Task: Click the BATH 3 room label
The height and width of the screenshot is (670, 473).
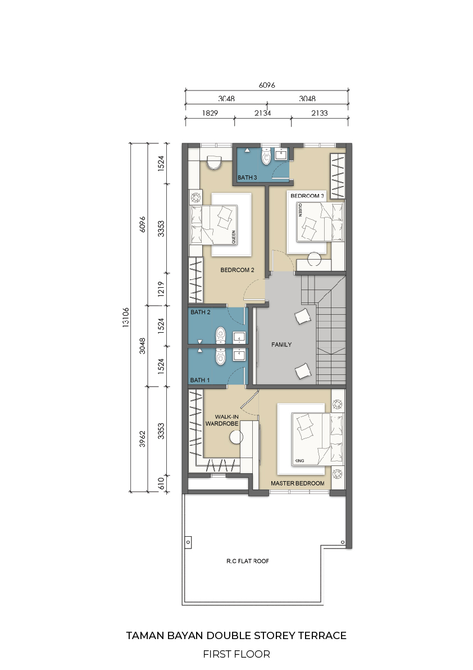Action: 247,177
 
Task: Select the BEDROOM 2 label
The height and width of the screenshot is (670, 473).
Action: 238,270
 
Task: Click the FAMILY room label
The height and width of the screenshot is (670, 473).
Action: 281,345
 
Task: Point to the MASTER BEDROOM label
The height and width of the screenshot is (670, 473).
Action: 298,483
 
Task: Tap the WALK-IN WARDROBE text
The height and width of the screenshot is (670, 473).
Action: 222,420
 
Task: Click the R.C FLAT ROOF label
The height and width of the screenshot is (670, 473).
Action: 248,561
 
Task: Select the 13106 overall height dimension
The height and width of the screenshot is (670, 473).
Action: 125,318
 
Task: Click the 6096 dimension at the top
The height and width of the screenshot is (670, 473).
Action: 267,85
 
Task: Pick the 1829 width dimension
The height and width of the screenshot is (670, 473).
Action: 210,113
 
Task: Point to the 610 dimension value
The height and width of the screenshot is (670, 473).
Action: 161,484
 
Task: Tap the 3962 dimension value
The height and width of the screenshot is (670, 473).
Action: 143,439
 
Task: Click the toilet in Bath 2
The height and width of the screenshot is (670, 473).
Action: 220,335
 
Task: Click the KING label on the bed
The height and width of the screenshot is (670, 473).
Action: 299,461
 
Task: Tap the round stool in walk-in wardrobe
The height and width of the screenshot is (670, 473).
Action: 236,437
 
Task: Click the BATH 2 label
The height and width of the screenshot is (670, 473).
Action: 200,313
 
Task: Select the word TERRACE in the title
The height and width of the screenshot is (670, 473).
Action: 322,636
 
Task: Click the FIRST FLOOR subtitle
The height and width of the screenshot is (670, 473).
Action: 236,654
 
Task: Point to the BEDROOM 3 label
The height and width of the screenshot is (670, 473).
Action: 307,196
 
